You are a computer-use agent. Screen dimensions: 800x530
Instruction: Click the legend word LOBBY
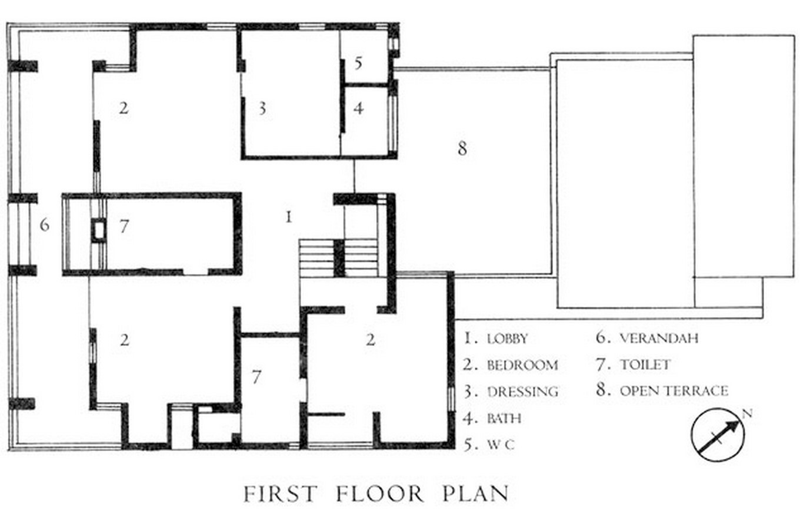pos(508,339)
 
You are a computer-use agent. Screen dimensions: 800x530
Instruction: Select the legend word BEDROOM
pos(522,365)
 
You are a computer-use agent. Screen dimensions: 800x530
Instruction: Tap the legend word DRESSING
pos(523,392)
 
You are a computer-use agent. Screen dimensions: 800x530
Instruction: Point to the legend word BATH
pos(504,418)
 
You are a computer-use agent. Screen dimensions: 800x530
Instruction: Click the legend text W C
pos(501,445)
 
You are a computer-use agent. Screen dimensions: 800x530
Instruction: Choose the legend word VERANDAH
pos(659,338)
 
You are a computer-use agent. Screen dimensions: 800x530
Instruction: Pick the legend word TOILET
pos(645,365)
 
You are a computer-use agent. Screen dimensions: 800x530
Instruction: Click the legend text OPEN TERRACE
pos(674,391)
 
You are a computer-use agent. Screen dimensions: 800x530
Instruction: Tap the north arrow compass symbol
pos(718,435)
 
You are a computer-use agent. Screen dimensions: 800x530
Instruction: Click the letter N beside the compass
pos(747,413)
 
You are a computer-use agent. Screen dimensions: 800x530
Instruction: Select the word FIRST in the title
pos(281,494)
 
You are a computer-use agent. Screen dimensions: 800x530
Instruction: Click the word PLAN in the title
pos(475,494)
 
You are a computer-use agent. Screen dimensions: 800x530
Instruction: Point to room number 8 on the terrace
pos(462,148)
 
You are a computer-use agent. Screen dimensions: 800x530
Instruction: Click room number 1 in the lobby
pos(289,217)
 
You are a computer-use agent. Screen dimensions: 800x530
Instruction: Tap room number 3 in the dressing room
pos(262,108)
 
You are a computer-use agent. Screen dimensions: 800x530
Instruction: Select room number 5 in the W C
pos(358,63)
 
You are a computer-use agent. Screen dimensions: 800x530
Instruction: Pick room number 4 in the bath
pos(359,108)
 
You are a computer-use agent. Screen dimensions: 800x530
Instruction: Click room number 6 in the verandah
pos(44,225)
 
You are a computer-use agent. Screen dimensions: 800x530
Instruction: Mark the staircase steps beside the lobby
pos(338,258)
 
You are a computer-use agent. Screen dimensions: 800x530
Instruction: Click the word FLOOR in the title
pos(379,494)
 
